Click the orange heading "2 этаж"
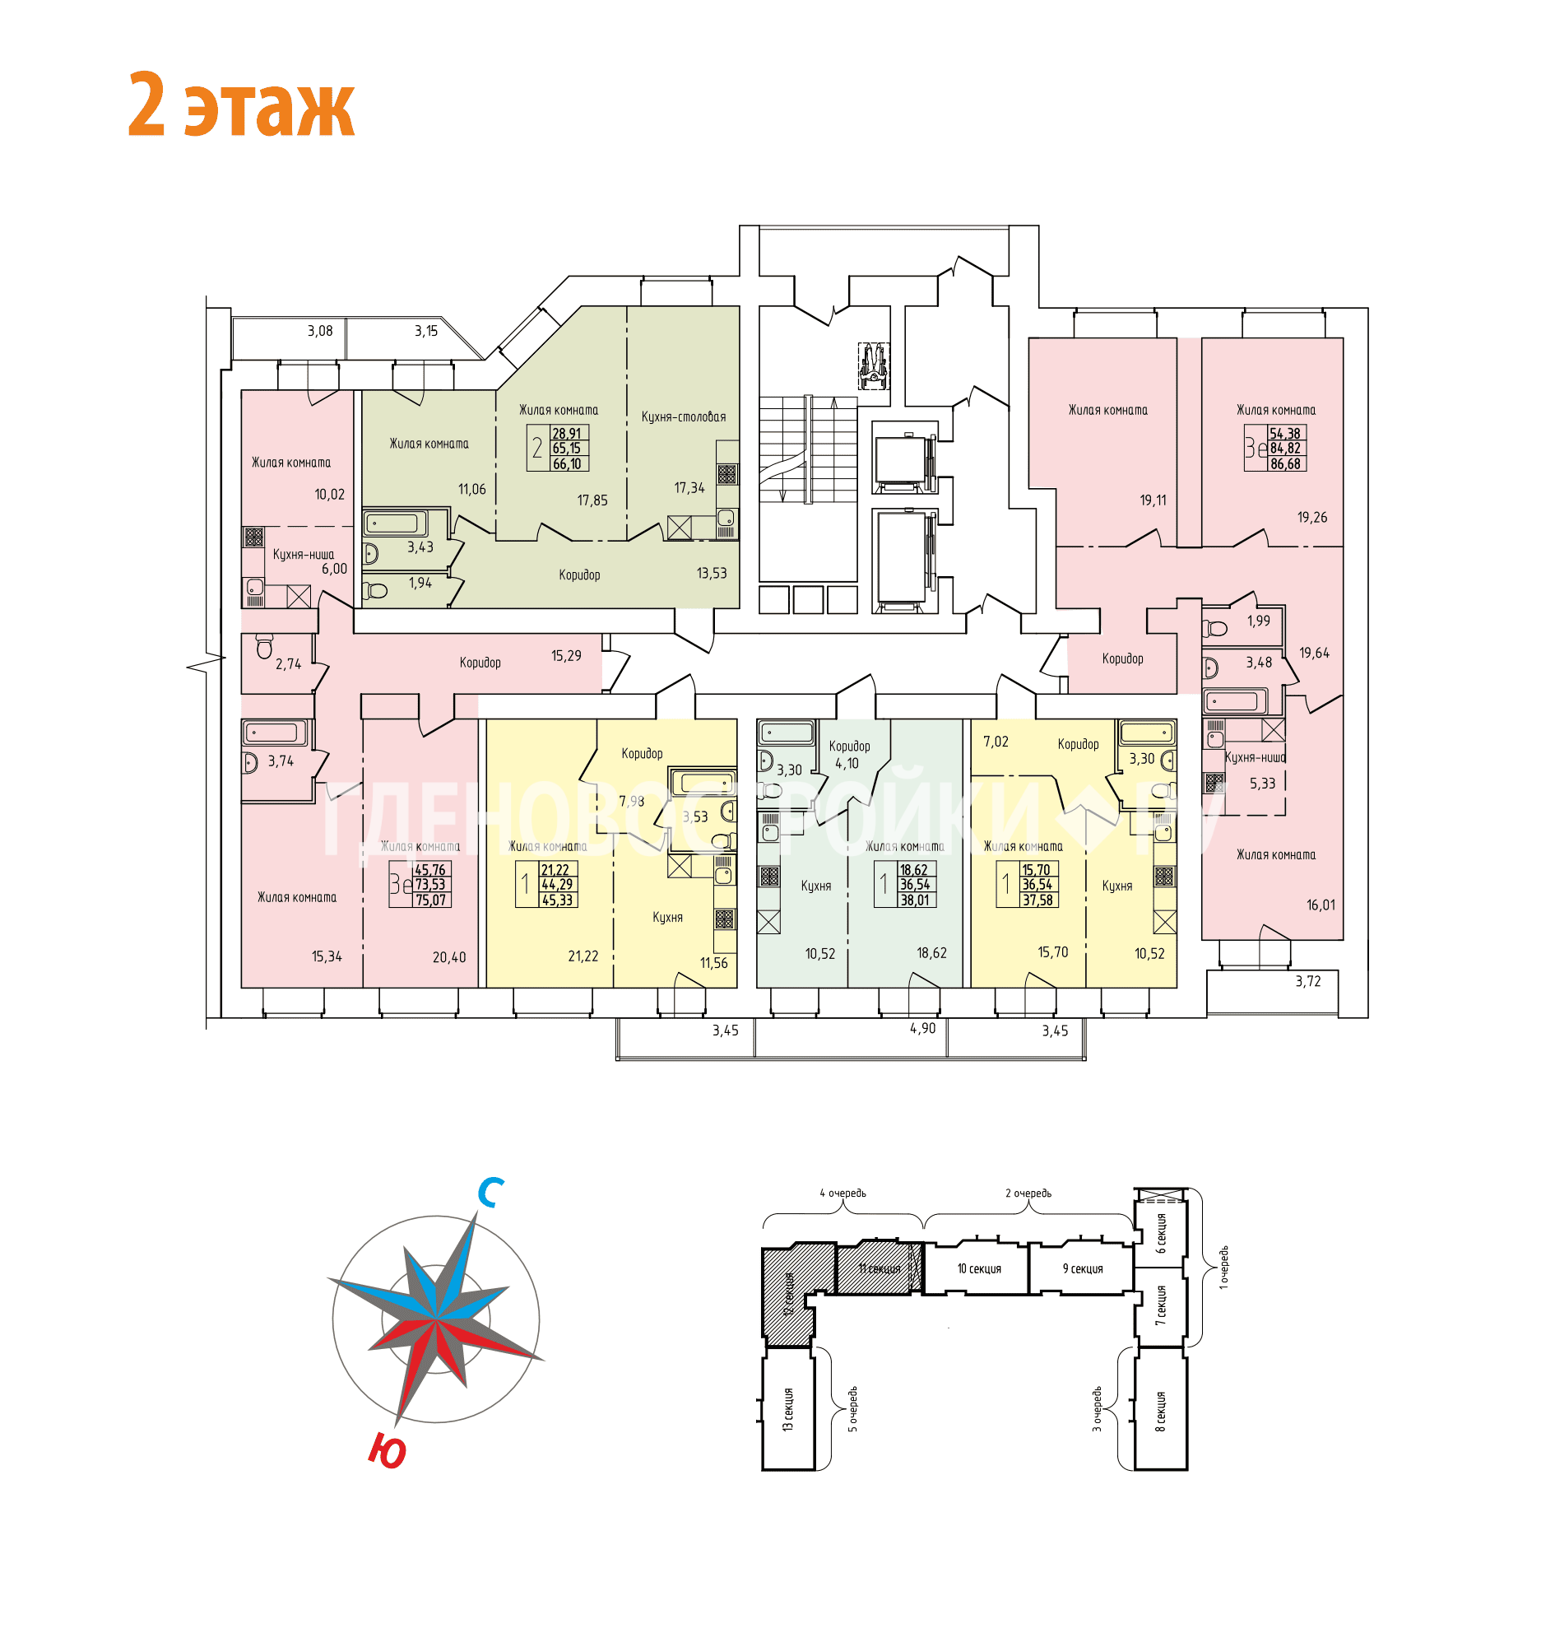pos(242,105)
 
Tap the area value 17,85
pos(592,501)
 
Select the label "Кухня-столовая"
pos(683,417)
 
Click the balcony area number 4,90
pos(921,1028)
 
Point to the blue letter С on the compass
pos(490,1193)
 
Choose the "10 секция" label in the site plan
pos(979,1269)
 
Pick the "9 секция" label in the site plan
pos(1083,1269)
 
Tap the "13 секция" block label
pos(787,1410)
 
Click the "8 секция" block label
pos(1160,1412)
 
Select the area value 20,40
pos(449,957)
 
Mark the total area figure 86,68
pos(1285,464)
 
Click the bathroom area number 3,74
pos(281,761)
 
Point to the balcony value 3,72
pos(1308,981)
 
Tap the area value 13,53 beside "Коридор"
pos(711,573)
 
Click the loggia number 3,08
pos(320,331)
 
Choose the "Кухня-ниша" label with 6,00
pos(304,555)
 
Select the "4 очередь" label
pos(842,1193)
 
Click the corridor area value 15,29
pos(566,656)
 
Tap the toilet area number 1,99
pos(1258,621)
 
